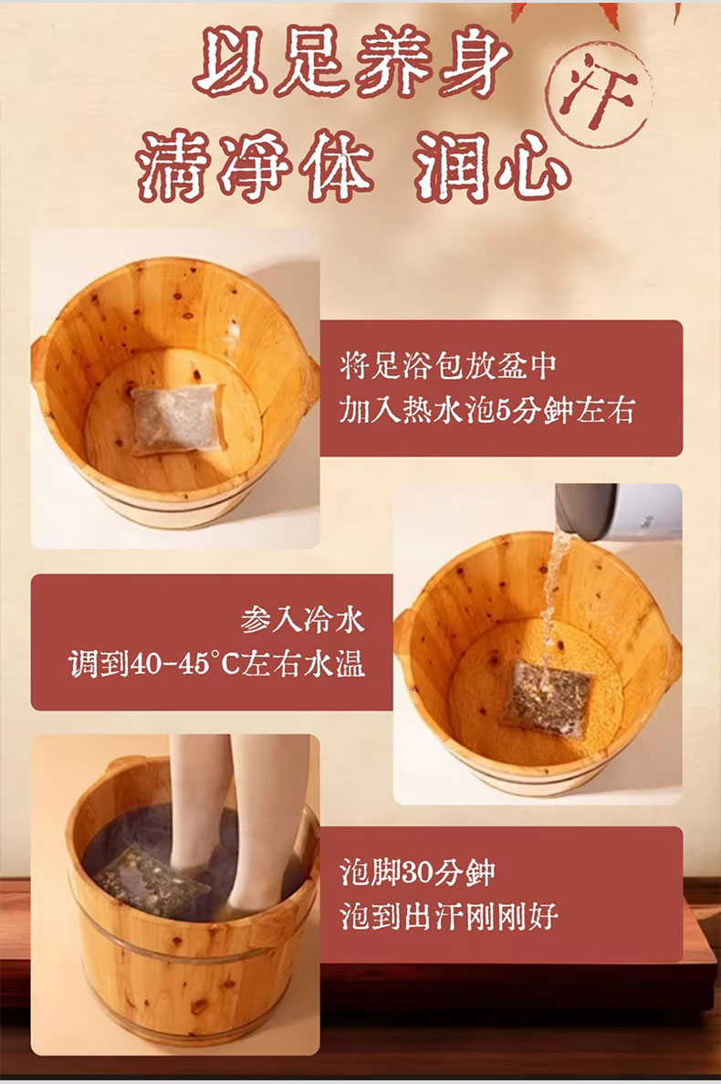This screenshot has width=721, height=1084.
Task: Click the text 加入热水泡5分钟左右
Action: point(486,410)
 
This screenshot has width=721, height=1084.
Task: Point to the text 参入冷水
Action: point(302,619)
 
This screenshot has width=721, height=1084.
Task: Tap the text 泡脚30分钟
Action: point(417,872)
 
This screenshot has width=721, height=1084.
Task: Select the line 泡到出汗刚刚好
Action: point(449,917)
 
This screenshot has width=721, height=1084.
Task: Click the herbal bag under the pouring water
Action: point(547,699)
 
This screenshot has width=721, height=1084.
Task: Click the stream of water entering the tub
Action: point(552,602)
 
